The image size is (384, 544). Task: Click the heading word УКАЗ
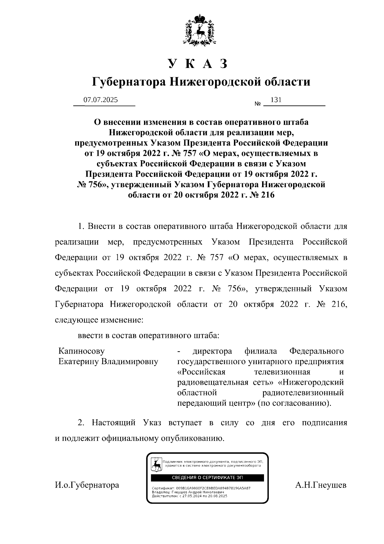(x=199, y=64)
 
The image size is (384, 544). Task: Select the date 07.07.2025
(x=100, y=100)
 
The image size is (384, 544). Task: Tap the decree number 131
(x=276, y=100)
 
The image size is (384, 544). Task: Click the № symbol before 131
(x=258, y=104)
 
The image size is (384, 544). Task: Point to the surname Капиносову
(x=81, y=351)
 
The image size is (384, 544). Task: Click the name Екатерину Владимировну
(x=108, y=362)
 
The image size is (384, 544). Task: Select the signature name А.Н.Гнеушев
(x=321, y=485)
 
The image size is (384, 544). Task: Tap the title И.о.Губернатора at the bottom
(x=87, y=485)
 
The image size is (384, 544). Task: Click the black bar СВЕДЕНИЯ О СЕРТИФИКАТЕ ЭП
(x=207, y=478)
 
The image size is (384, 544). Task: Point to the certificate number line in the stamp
(x=201, y=488)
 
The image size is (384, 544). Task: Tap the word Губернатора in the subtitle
(x=129, y=82)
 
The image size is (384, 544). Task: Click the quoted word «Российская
(x=202, y=372)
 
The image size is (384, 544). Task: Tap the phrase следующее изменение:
(x=99, y=320)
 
